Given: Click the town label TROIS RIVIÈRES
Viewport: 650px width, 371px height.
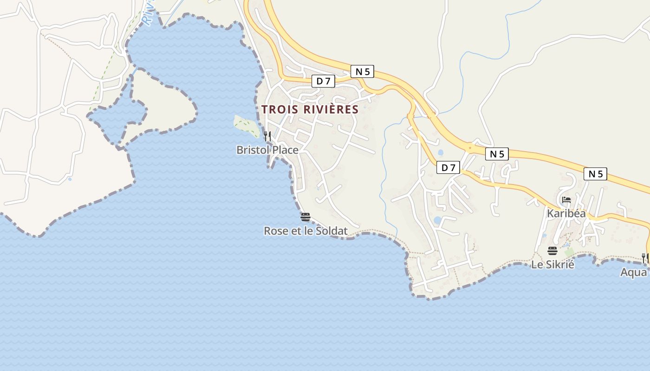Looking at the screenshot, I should click(x=310, y=109).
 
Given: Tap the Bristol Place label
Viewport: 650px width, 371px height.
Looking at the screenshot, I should click(x=267, y=150).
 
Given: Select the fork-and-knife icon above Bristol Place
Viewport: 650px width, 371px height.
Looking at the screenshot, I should click(x=267, y=136).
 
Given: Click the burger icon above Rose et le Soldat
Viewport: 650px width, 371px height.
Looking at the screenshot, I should click(x=305, y=217).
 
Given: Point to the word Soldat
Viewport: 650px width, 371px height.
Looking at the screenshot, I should click(x=332, y=230).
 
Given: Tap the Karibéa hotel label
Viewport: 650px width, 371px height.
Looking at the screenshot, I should click(x=566, y=214).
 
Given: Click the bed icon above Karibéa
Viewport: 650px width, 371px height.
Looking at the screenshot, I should click(x=566, y=200).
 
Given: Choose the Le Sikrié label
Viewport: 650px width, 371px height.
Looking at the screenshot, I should click(x=552, y=265).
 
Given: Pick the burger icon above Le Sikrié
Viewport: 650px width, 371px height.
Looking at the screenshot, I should click(x=552, y=251).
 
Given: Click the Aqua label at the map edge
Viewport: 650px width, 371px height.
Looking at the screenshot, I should click(x=634, y=272).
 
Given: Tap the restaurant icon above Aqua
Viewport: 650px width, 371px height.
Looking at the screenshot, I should click(x=645, y=258).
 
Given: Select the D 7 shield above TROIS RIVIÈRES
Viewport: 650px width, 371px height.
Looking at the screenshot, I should click(x=323, y=81).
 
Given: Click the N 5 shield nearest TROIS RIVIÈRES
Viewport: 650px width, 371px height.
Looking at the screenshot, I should click(x=362, y=71).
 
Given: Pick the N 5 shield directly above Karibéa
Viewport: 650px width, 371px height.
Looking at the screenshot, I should click(x=595, y=174).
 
